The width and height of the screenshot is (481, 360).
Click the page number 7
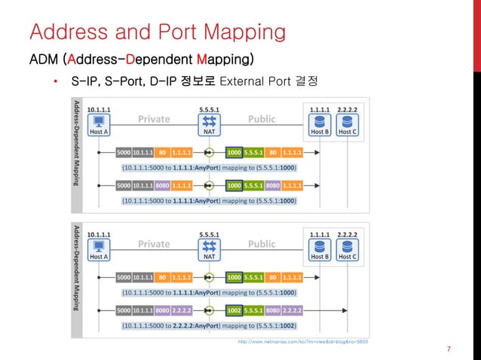[449, 348]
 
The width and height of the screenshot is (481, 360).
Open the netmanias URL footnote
[303, 341]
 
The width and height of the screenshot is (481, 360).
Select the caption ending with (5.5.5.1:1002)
[209, 325]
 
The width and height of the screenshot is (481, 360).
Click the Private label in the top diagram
[154, 119]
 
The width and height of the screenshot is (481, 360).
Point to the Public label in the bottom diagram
[262, 244]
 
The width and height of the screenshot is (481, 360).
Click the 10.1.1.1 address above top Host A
[100, 108]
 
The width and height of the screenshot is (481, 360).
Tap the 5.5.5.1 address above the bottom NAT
[209, 234]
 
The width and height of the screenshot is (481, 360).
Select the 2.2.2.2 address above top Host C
[348, 108]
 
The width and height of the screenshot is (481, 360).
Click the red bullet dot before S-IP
[55, 80]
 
